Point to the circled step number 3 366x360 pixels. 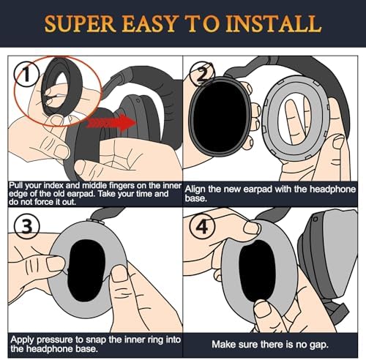27,225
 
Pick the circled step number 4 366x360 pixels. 202,226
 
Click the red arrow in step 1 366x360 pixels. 111,122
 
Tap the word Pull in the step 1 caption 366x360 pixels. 16,186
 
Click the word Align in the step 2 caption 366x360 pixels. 195,190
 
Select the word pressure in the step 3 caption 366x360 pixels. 56,340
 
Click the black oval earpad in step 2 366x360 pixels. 220,117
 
